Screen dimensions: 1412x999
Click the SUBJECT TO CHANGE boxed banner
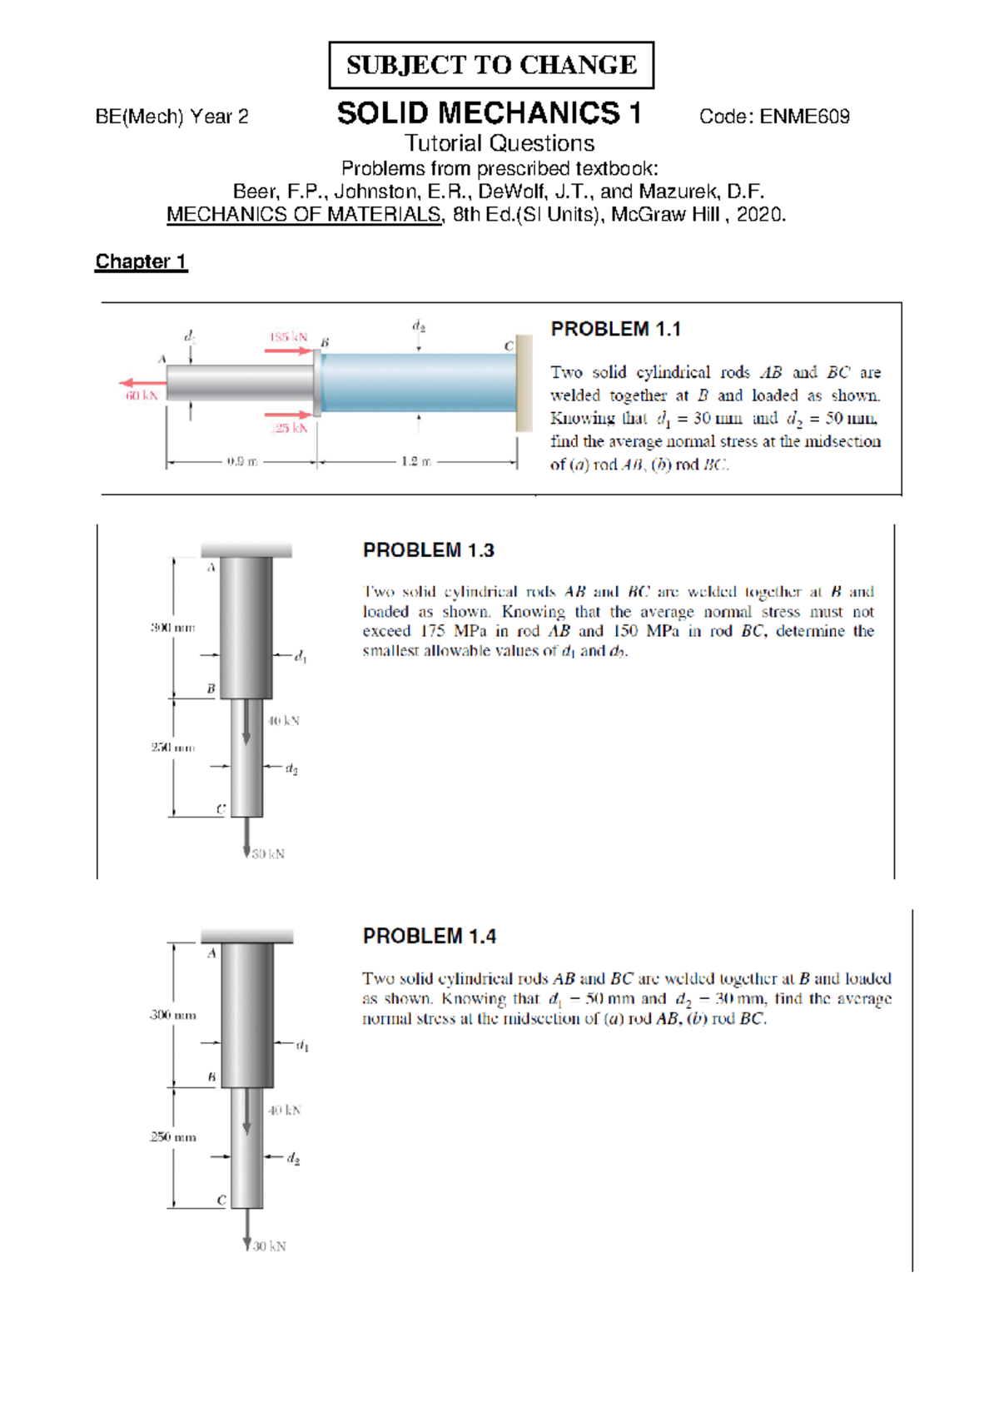click(491, 65)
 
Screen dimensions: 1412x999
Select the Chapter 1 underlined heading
click(141, 261)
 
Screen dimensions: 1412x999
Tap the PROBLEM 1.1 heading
click(615, 329)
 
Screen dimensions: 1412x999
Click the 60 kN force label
click(142, 395)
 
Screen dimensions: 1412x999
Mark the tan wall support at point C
click(524, 383)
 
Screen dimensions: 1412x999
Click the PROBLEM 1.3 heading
click(428, 550)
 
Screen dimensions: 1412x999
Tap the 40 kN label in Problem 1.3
click(283, 720)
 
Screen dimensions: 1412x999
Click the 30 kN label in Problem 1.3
click(268, 853)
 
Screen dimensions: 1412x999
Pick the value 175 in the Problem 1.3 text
click(433, 631)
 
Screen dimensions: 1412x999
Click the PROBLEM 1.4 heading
click(429, 937)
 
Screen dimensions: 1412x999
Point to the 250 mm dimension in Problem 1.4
click(173, 1136)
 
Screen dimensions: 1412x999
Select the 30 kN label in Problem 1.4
click(270, 1246)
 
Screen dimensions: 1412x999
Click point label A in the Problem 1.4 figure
click(211, 953)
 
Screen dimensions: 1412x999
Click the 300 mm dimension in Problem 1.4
click(173, 1015)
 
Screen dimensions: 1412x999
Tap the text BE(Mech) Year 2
click(171, 117)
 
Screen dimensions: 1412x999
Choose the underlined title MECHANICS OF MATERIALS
click(305, 215)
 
